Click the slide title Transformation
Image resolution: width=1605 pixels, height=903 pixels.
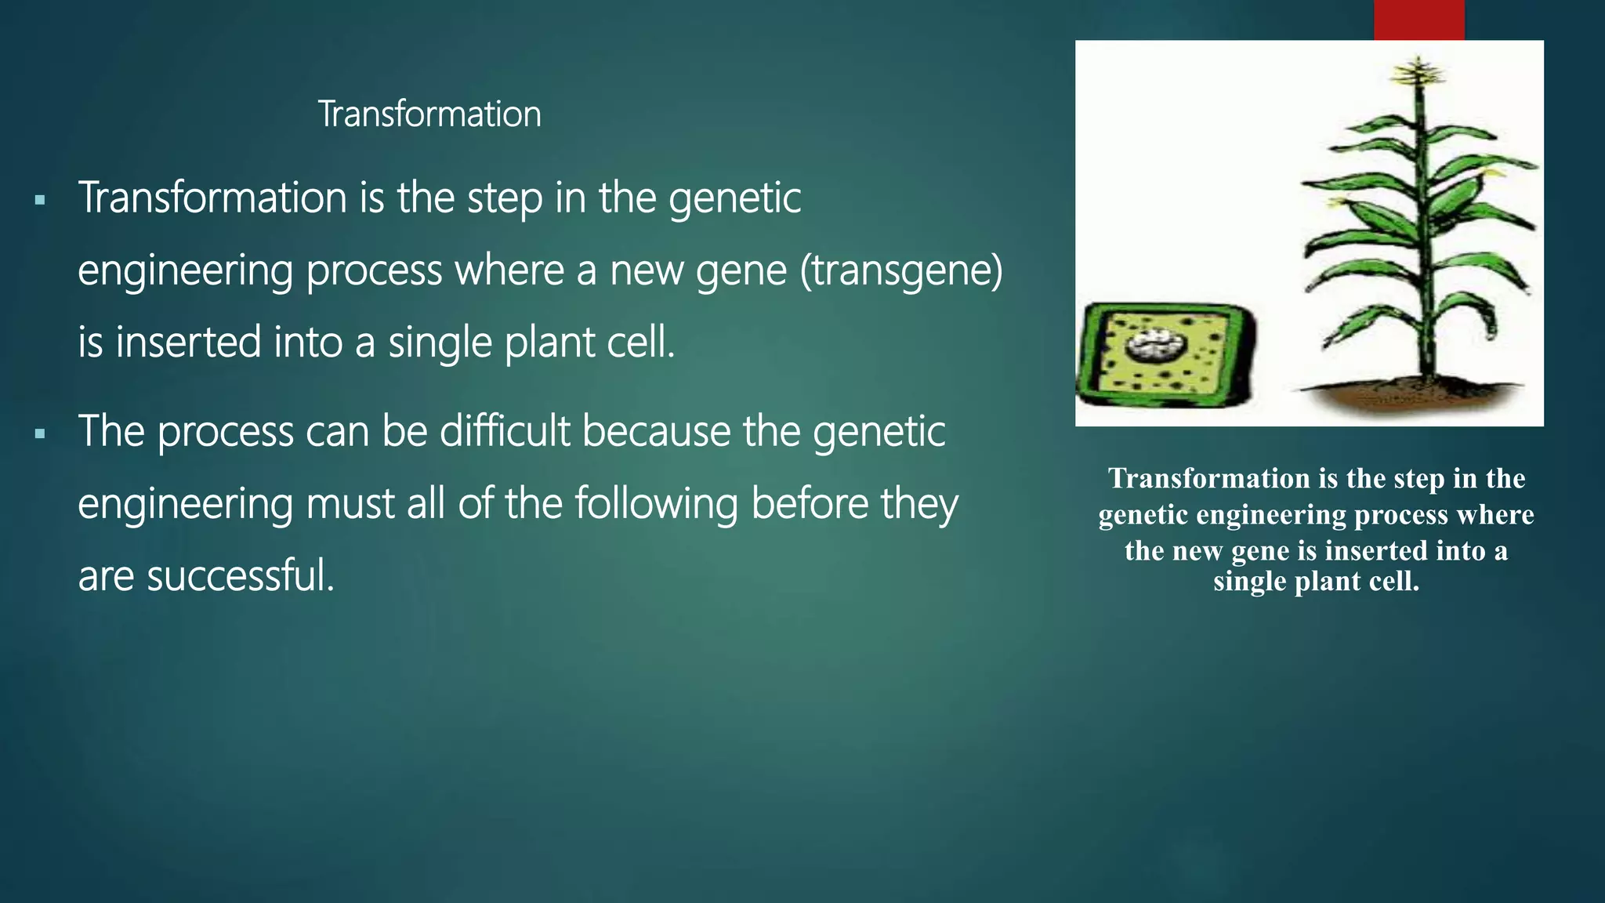pos(429,114)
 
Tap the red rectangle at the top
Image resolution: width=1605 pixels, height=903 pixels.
pos(1418,20)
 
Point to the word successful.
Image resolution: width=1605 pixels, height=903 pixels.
pos(240,575)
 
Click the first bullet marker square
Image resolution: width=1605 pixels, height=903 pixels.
pos(40,201)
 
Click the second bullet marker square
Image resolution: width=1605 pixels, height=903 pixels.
pos(40,433)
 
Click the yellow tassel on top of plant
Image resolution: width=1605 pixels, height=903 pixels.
pos(1417,72)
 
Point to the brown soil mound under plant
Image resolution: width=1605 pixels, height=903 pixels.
pos(1411,392)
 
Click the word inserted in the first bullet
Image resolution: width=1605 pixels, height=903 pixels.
pos(188,343)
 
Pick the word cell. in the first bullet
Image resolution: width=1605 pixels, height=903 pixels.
pos(645,343)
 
